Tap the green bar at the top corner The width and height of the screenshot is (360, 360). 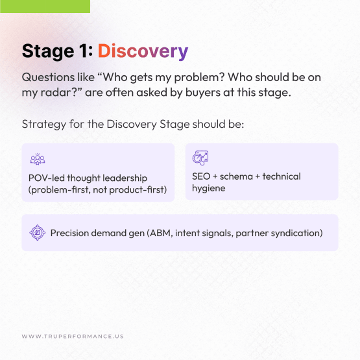coord(45,6)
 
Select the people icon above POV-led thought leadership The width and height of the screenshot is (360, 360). coord(37,159)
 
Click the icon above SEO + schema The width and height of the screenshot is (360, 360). coord(200,158)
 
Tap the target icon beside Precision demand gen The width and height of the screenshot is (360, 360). coord(37,233)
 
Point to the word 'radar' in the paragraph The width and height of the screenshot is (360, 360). coord(59,93)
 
